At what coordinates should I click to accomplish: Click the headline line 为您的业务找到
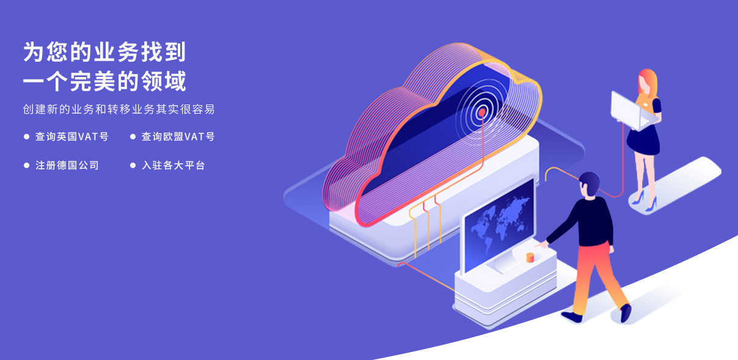pyautogui.click(x=104, y=52)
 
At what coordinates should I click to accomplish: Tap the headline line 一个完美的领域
pyautogui.click(x=104, y=81)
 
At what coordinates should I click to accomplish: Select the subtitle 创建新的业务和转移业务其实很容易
pyautogui.click(x=119, y=109)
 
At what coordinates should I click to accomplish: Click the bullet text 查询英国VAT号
pyautogui.click(x=72, y=136)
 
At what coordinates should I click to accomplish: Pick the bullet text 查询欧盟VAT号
pyautogui.click(x=178, y=136)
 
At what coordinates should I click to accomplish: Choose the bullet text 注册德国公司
pyautogui.click(x=67, y=165)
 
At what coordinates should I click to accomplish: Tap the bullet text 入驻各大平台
pyautogui.click(x=174, y=165)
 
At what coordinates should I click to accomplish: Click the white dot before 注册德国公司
pyautogui.click(x=27, y=166)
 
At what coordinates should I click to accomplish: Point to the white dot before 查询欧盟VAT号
pyautogui.click(x=133, y=137)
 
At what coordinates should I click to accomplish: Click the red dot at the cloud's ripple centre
pyautogui.click(x=481, y=112)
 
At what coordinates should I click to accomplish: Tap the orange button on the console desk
pyautogui.click(x=530, y=257)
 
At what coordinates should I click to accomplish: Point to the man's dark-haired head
pyautogui.click(x=589, y=184)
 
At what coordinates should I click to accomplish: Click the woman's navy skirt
pyautogui.click(x=643, y=140)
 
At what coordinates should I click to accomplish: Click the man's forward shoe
pyautogui.click(x=626, y=313)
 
